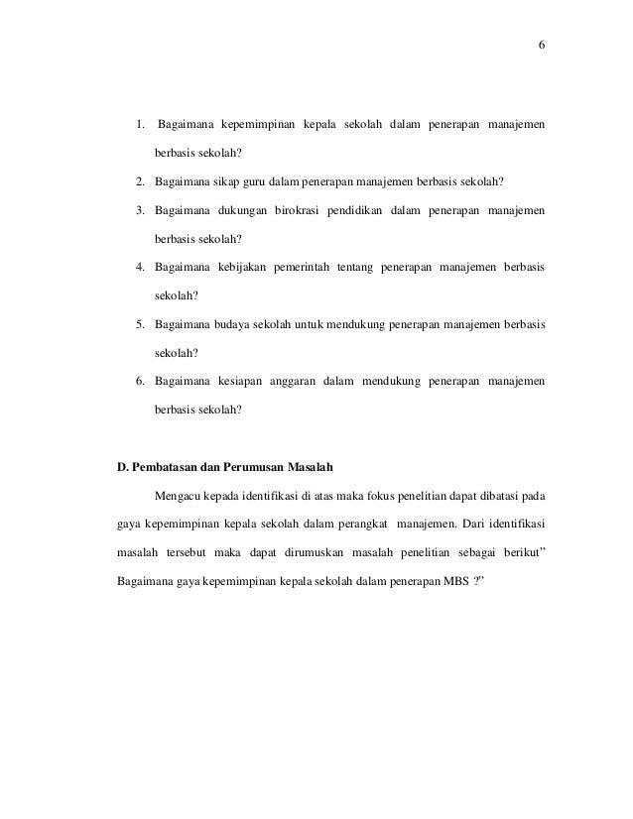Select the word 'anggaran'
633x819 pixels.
pos(300,379)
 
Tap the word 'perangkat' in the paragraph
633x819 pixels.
pos(360,523)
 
